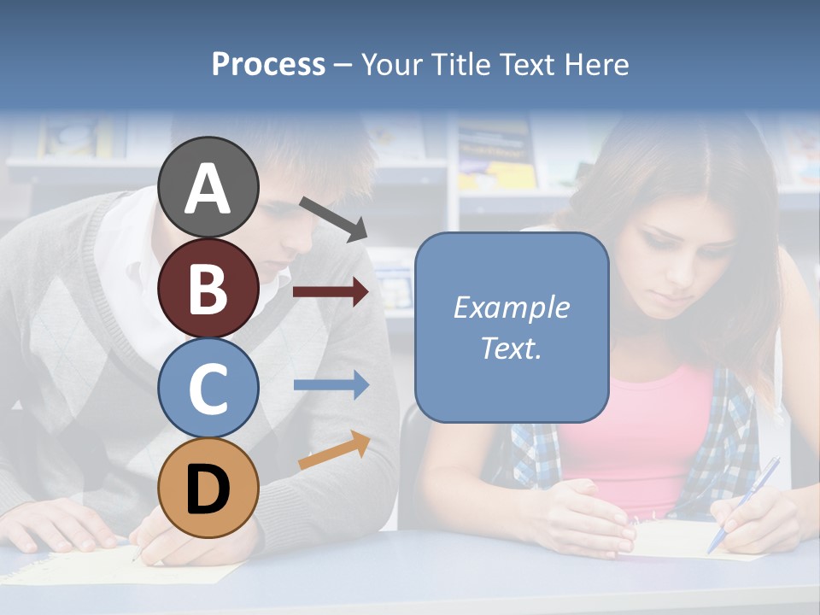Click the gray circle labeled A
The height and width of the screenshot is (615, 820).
(208, 187)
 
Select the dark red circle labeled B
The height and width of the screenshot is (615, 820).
(208, 288)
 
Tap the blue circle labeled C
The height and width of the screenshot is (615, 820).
(208, 388)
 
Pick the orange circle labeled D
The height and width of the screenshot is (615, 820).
(208, 488)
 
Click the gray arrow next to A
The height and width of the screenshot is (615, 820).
(334, 218)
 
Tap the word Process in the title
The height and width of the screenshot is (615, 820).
(268, 64)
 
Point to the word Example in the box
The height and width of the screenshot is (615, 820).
(512, 307)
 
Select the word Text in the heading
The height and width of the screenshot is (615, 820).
(529, 64)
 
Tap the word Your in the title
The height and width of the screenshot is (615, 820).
(392, 64)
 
